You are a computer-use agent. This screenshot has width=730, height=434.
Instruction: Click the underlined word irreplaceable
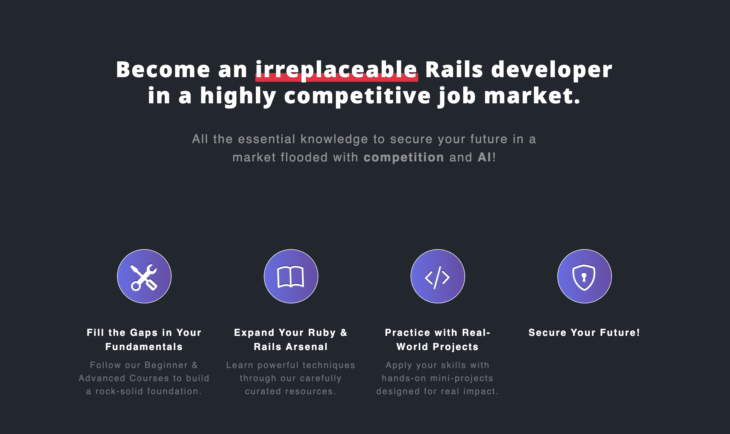(336, 70)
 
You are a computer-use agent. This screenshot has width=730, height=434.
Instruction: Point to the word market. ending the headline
(532, 96)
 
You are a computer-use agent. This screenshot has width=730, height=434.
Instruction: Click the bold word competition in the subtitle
(404, 158)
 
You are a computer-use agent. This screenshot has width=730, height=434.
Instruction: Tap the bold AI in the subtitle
(484, 157)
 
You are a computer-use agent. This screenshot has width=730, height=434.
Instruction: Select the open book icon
(291, 277)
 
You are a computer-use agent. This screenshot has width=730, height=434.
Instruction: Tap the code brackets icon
(437, 277)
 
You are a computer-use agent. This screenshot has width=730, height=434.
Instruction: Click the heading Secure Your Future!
(584, 333)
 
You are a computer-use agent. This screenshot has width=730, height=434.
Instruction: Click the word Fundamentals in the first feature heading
(144, 347)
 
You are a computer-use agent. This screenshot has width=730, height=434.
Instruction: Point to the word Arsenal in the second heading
(307, 347)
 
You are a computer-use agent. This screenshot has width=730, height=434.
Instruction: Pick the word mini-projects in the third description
(462, 378)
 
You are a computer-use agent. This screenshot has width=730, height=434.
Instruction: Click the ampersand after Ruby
(344, 333)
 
